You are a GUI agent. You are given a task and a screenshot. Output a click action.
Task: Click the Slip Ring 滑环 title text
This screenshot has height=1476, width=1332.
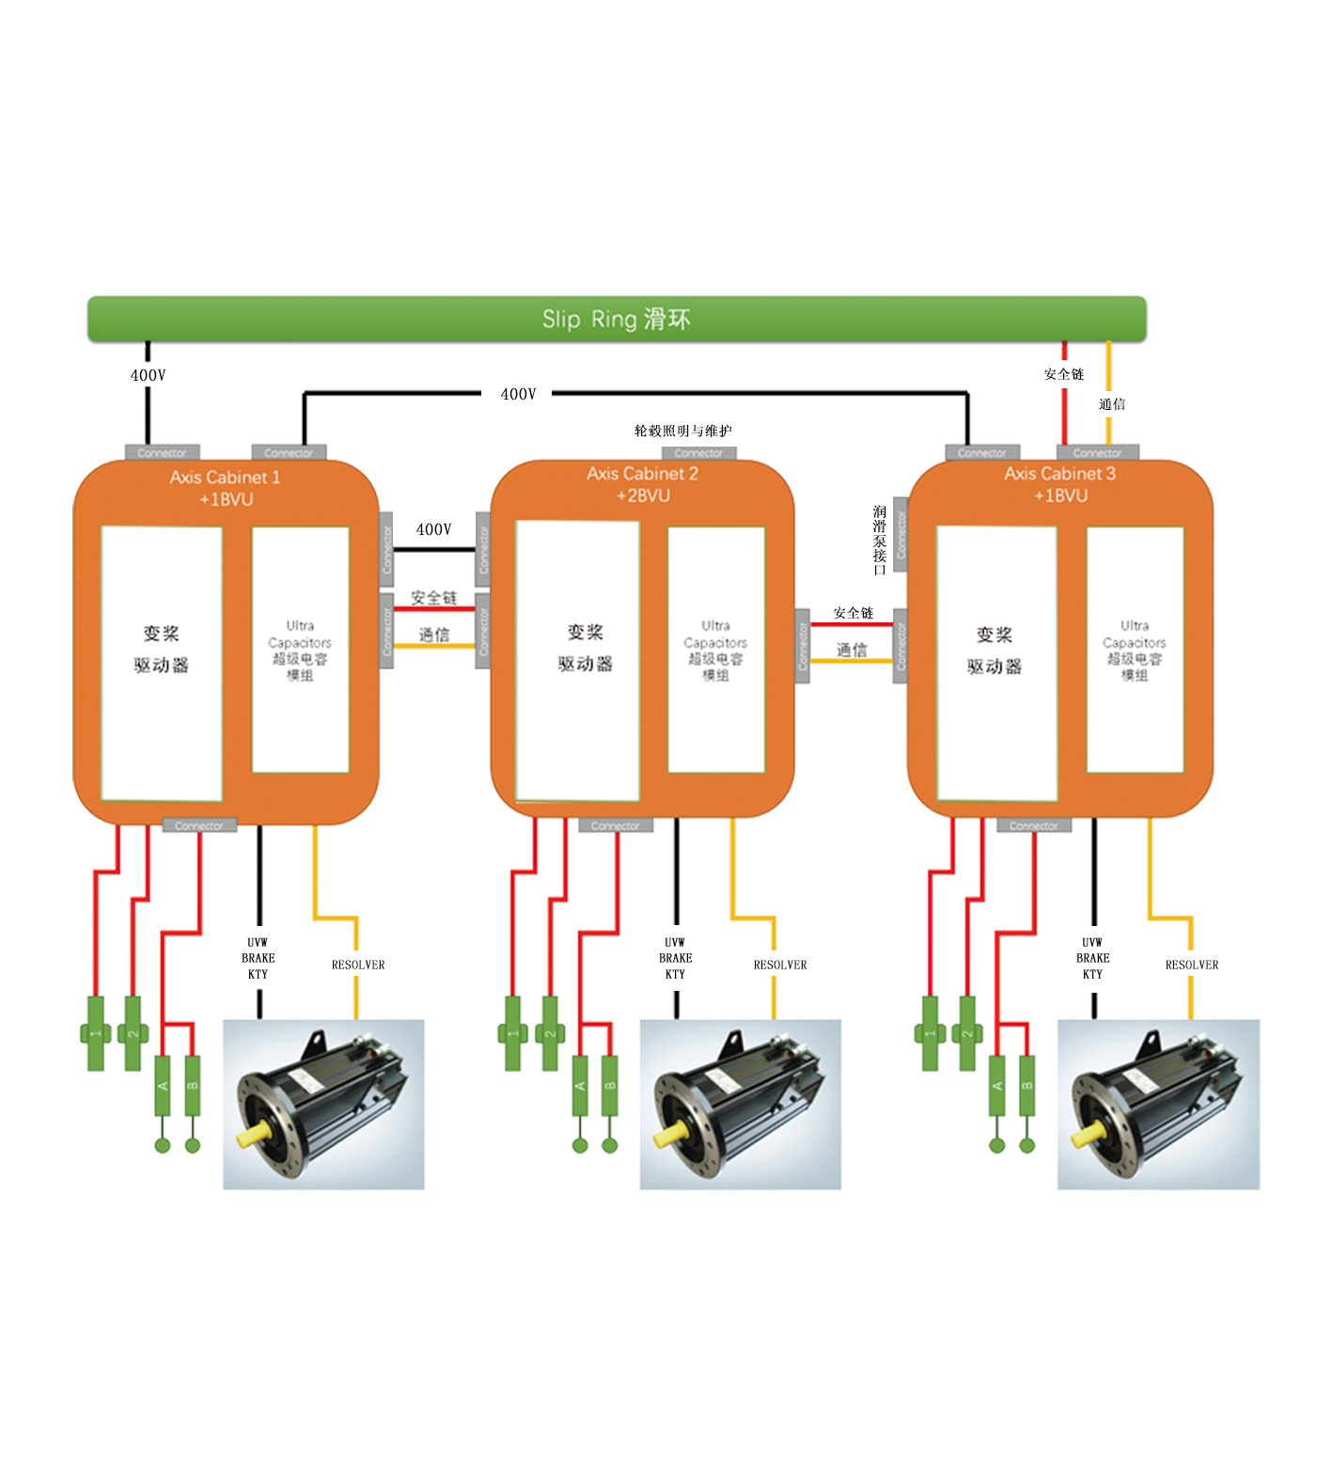click(x=616, y=320)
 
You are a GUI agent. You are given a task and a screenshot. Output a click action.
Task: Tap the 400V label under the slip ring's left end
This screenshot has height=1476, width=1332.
click(x=148, y=375)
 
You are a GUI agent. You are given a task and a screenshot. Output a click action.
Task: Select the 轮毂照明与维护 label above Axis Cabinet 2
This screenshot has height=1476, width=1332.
click(x=683, y=432)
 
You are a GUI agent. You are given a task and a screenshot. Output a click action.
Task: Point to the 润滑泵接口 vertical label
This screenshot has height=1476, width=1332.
click(x=879, y=541)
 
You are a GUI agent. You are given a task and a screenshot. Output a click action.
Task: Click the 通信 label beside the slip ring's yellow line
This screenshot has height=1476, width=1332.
click(x=1112, y=404)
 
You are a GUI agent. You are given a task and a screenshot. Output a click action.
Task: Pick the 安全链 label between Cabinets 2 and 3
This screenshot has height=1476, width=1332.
click(x=853, y=613)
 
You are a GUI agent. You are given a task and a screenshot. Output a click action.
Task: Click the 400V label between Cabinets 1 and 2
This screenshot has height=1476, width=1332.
click(x=433, y=530)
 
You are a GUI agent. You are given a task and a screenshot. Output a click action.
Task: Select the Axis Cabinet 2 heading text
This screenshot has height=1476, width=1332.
click(x=642, y=474)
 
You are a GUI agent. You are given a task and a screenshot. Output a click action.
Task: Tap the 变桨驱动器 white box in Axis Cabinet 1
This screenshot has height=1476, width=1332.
click(x=162, y=663)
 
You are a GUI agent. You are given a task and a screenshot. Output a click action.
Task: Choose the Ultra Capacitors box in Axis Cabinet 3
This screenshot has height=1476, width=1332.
click(x=1135, y=650)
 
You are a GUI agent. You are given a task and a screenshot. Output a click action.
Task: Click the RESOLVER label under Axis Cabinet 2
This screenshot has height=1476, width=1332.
click(x=780, y=965)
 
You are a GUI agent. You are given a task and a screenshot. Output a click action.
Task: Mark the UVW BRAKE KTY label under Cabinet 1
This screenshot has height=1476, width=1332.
click(x=258, y=958)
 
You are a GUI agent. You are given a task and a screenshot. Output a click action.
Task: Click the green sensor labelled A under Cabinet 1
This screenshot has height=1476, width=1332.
click(x=163, y=1086)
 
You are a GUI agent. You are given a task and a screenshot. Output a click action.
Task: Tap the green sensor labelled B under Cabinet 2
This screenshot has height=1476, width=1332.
click(x=610, y=1086)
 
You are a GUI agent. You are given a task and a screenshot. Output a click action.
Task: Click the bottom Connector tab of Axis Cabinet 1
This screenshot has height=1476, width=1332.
click(x=199, y=826)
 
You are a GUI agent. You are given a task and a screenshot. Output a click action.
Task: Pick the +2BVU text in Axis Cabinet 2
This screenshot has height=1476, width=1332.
click(x=643, y=495)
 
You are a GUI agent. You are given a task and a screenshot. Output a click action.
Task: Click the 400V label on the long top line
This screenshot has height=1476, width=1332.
click(x=518, y=395)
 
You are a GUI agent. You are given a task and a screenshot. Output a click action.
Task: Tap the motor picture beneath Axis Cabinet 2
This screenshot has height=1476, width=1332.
click(x=741, y=1104)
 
